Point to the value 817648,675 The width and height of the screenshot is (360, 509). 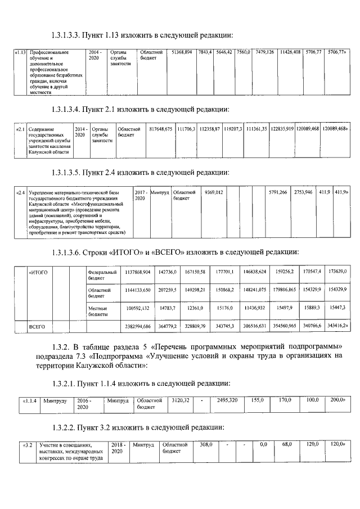[x=161, y=129]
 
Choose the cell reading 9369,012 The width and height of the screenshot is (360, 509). [x=214, y=192]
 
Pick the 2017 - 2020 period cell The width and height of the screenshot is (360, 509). [x=141, y=196]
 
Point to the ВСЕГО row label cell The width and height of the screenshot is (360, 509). [x=37, y=326]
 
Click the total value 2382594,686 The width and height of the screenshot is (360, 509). [x=136, y=326]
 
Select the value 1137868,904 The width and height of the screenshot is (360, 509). [x=136, y=272]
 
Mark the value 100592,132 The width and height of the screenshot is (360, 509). [x=136, y=309]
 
